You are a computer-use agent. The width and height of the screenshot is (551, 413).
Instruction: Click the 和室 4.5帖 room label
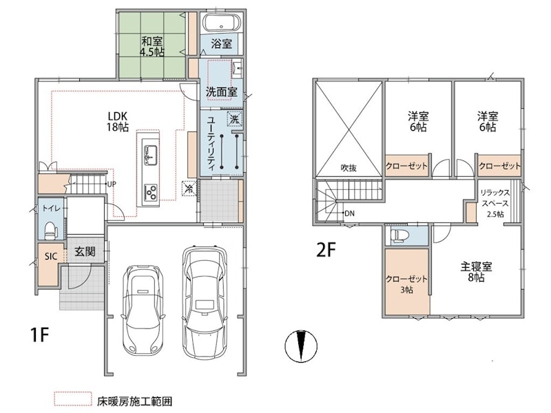coord(152,47)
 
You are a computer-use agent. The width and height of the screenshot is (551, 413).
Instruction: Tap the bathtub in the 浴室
coord(222,23)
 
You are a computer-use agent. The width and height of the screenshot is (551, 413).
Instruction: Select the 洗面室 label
coord(221,92)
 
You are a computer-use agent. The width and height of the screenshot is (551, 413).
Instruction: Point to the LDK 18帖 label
coord(117,122)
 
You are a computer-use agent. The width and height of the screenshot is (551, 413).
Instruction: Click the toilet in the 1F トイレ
coord(51,230)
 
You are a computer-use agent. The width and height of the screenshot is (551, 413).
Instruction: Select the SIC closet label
coord(50,256)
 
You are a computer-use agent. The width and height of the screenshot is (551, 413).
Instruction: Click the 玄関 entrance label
coord(85,251)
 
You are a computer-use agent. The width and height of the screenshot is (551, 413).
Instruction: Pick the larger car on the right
coord(204,301)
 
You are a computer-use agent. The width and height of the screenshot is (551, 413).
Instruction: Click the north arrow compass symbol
coord(301,346)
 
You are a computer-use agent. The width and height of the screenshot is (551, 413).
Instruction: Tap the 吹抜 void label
coord(349,168)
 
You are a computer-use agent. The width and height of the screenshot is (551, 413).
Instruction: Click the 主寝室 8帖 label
coord(476,272)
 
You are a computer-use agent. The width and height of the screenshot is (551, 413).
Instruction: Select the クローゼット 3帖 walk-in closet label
coord(406,284)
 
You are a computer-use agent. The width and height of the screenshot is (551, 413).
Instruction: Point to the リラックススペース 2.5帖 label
coord(495,203)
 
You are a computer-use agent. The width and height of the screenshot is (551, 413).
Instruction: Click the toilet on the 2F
coord(398,235)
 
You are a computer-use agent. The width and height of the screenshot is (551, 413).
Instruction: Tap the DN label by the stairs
coord(349,213)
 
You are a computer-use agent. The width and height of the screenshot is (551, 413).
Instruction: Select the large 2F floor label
coord(326,250)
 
